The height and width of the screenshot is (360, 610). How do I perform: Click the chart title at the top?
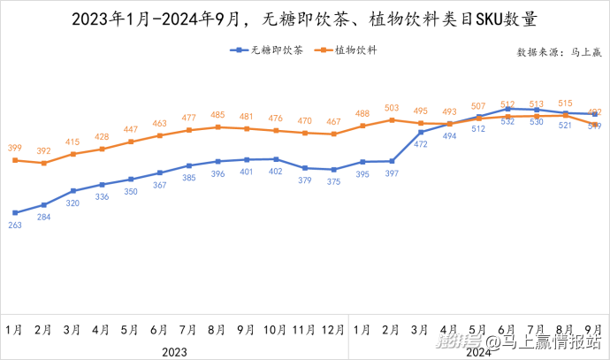304,19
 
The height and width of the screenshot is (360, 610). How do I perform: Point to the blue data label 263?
15,225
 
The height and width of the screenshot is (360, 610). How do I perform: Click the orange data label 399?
15,148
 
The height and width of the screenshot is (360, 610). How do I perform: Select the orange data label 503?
392,107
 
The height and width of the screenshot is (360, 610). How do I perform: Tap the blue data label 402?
276,172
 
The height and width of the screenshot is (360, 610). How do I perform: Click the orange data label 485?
217,115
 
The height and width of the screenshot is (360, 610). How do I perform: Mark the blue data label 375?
333,181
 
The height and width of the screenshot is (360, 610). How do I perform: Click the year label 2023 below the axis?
174,351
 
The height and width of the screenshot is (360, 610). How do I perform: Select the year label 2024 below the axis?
478,351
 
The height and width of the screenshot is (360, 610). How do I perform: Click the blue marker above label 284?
44,204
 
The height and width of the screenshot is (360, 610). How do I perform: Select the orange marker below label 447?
131,142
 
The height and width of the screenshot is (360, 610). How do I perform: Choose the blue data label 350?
131,191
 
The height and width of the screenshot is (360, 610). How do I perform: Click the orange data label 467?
333,121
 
